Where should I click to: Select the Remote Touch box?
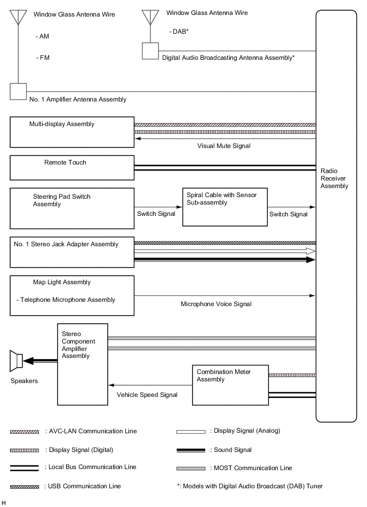pyautogui.click(x=72, y=168)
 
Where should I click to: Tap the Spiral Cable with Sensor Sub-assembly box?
pyautogui.click(x=225, y=206)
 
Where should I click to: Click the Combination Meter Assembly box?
pyautogui.click(x=230, y=384)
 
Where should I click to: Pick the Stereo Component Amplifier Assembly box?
pyautogui.click(x=83, y=364)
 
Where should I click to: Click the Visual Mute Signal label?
pyautogui.click(x=224, y=145)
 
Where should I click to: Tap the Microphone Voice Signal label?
pyautogui.click(x=216, y=304)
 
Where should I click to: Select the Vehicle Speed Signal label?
pyautogui.click(x=147, y=395)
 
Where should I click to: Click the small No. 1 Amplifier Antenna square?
pyautogui.click(x=19, y=91)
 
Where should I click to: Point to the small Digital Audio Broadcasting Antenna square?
pyautogui.click(x=150, y=51)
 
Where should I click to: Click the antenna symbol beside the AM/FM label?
pyautogui.click(x=19, y=18)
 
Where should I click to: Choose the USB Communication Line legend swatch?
pyautogui.click(x=24, y=486)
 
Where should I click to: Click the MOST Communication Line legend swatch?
pyautogui.click(x=190, y=468)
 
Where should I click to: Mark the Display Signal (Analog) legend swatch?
pyautogui.click(x=190, y=431)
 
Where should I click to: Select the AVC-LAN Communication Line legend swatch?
pyautogui.click(x=24, y=431)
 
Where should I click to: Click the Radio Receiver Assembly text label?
pyautogui.click(x=334, y=178)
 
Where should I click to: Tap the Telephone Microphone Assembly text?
pyautogui.click(x=66, y=300)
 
